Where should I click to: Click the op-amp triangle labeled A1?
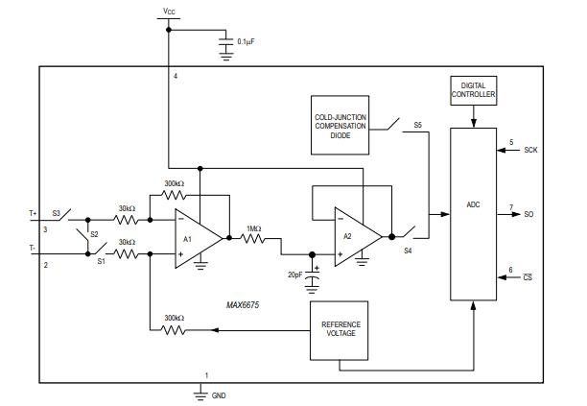[x=195, y=237]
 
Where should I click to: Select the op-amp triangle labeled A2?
[x=354, y=235]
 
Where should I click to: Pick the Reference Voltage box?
[x=340, y=328]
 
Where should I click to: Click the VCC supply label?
[x=170, y=11]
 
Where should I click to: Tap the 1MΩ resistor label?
[x=254, y=227]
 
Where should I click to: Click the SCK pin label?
[x=530, y=152]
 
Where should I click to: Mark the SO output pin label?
[x=528, y=214]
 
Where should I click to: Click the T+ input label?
[x=34, y=213]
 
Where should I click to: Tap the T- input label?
[x=33, y=248]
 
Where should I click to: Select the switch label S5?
[x=416, y=126]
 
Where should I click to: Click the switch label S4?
[x=408, y=251]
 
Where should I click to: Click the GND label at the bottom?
[x=220, y=394]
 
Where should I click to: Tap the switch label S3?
[x=56, y=213]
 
